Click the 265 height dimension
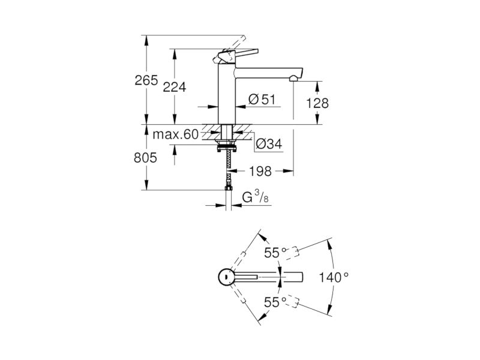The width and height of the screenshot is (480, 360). click(146, 80)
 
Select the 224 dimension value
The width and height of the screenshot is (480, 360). click(175, 88)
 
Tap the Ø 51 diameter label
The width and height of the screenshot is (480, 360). click(262, 100)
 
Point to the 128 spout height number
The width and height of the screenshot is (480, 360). click(317, 103)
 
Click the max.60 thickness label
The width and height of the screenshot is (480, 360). click(176, 134)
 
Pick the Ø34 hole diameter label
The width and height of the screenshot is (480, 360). click(269, 144)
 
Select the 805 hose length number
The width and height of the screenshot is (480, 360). click(145, 158)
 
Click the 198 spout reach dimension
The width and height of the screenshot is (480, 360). click(260, 172)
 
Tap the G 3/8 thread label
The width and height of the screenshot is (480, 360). click(256, 197)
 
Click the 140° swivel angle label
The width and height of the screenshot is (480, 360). click(334, 278)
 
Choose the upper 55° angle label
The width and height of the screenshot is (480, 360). click(275, 253)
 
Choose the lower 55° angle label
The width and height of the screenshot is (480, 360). click(275, 302)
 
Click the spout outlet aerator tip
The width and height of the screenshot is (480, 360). click(293, 79)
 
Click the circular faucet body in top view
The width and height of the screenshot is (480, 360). click(227, 277)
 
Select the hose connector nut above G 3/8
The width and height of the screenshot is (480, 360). click(229, 188)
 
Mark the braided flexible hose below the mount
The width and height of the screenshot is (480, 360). click(227, 169)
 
